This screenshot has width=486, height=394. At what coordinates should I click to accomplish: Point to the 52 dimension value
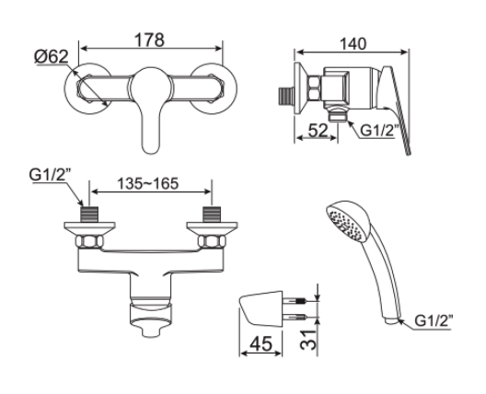(315, 132)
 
